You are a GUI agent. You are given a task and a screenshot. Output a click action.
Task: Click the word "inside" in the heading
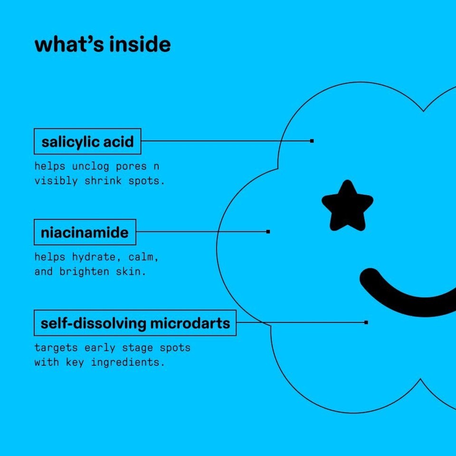140,44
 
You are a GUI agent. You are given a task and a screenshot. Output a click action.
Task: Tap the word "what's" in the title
69,44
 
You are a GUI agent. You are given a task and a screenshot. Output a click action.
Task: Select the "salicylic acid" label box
87,142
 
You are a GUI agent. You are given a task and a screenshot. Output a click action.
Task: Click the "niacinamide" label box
85,232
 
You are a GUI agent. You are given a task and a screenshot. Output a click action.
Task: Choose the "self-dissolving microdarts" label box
135,323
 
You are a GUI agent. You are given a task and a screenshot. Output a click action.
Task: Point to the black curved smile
407,294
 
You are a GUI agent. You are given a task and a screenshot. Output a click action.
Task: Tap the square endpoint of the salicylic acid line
312,141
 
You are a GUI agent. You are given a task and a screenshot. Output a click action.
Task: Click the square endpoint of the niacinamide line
268,232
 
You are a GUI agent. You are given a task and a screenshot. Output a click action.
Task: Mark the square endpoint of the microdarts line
366,322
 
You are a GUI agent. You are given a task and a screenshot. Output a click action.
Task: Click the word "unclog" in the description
90,167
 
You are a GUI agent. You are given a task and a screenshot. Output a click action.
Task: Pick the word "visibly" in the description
56,181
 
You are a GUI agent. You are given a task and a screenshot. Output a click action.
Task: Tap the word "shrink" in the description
103,180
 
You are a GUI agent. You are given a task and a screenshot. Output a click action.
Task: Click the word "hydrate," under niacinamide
97,257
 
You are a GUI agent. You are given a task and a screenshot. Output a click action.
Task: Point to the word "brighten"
85,272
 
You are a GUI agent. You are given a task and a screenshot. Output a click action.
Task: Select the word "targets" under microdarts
56,348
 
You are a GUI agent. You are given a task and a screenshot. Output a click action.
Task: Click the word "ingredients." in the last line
128,362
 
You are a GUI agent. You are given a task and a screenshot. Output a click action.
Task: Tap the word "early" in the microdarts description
100,348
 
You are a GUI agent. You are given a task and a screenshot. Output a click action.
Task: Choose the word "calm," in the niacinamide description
143,257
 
